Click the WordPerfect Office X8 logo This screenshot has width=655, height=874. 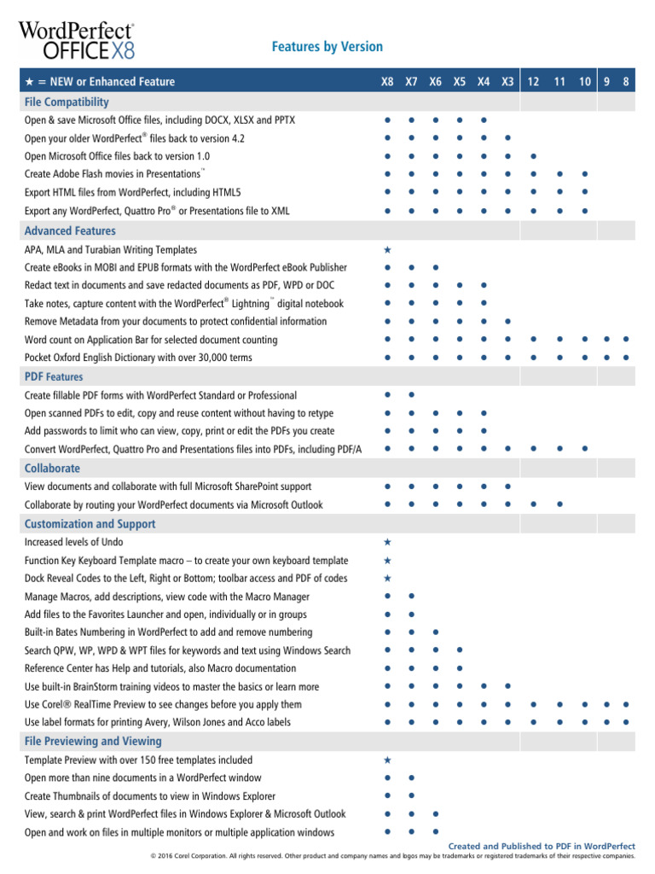pos(77,39)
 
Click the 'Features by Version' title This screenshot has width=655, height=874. pos(327,47)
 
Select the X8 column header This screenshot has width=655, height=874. pos(387,82)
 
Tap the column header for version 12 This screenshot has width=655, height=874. pos(533,82)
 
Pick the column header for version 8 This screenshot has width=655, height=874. pos(626,82)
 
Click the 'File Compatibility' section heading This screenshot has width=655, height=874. pos(67,102)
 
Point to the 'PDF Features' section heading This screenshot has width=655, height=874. pos(54,376)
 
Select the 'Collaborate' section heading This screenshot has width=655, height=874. pos(52,469)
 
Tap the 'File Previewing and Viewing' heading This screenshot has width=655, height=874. pos(92,742)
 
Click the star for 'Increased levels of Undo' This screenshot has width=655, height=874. pos(387,542)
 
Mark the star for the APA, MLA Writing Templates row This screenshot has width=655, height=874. pos(387,250)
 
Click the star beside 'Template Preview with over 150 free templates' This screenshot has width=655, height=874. pos(387,760)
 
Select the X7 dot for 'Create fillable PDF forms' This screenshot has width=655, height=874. pos(411,395)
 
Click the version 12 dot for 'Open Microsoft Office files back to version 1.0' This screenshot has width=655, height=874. pos(533,156)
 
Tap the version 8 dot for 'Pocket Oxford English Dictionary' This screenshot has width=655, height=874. pos(626,358)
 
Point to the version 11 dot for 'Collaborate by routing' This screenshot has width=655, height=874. pos(559,504)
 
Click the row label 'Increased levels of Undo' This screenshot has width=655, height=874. pos(73,542)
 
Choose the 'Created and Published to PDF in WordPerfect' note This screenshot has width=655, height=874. pos(542,846)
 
